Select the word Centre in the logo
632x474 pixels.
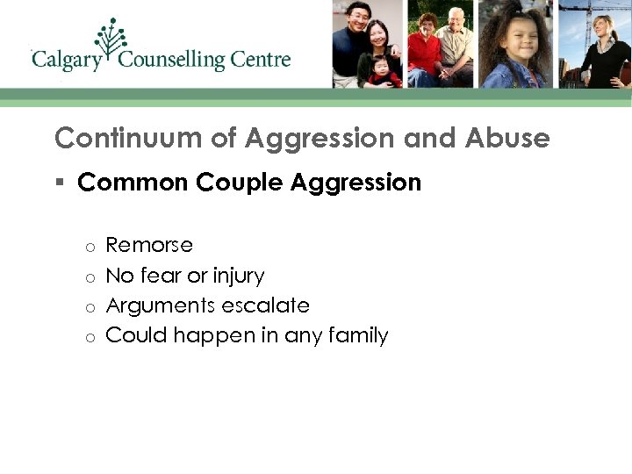pos(261,60)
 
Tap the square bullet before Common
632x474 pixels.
pos(60,183)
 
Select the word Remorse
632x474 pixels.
pos(148,245)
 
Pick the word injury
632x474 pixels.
pos(235,276)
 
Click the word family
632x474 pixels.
pos(359,335)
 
